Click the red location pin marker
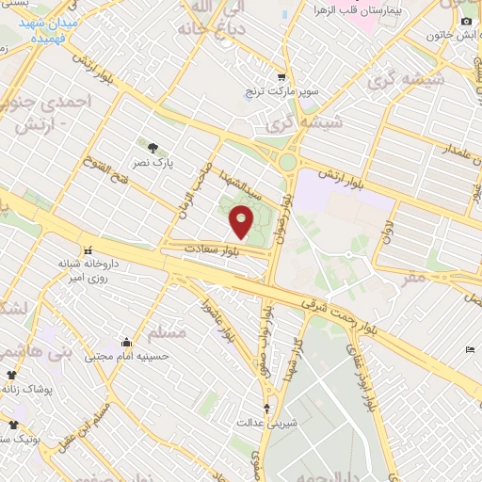tap(242, 222)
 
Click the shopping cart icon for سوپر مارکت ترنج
tap(281, 78)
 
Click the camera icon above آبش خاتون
tap(466, 21)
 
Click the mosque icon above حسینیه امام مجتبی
tap(125, 343)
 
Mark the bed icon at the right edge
tap(471, 351)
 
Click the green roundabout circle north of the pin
tap(287, 163)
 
